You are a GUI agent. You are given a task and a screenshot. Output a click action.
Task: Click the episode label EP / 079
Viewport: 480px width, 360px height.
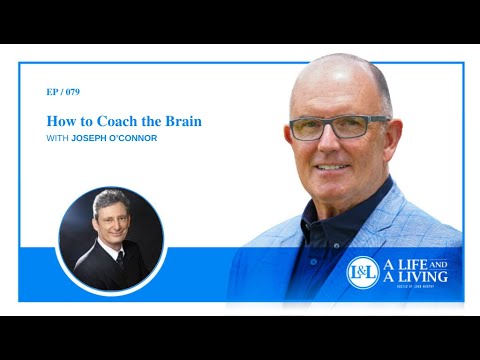[63, 91]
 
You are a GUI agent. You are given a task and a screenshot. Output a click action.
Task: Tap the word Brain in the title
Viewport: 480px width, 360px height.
[183, 121]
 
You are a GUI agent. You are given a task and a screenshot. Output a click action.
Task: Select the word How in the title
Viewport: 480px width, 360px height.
[59, 121]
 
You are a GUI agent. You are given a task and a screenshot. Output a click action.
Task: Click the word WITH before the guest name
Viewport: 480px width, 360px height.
[57, 138]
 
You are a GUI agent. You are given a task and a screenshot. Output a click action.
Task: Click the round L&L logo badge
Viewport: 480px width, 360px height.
[362, 272]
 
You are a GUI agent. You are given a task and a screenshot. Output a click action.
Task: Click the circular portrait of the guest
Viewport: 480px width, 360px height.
[110, 238]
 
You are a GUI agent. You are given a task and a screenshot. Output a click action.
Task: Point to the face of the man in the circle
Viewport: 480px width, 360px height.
[107, 221]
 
